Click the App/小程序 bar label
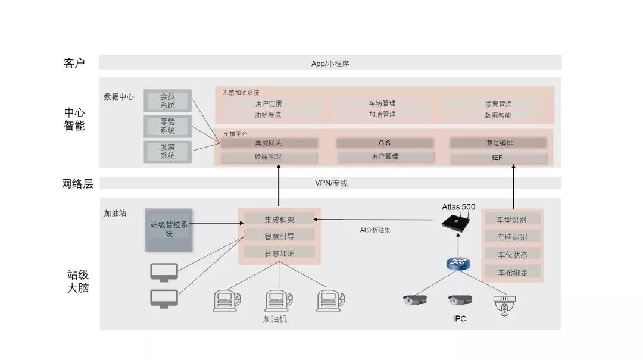click(330, 64)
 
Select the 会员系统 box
click(167, 101)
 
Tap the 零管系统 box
click(167, 126)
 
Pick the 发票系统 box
click(167, 152)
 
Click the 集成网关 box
click(269, 143)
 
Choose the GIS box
click(384, 143)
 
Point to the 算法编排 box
click(498, 143)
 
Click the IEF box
click(498, 158)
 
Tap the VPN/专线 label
click(330, 183)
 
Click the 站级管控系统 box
click(169, 229)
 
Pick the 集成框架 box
click(279, 220)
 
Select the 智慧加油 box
click(279, 253)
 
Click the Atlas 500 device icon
click(458, 222)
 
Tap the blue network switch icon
click(458, 263)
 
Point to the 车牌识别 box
click(511, 237)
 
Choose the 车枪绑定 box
click(511, 273)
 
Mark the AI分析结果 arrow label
click(375, 230)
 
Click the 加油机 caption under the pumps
click(275, 319)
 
